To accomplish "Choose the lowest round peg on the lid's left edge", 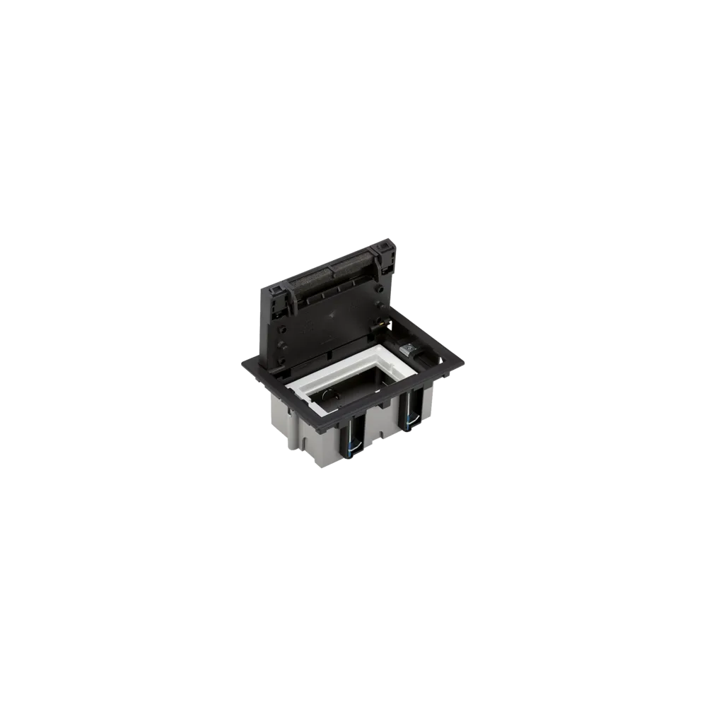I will (x=281, y=361).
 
